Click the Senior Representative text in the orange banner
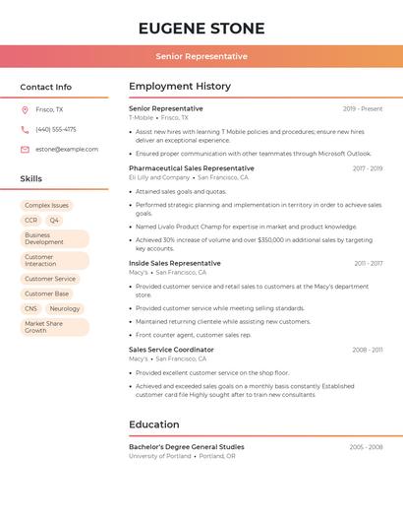[x=201, y=56]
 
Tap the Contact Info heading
[x=46, y=87]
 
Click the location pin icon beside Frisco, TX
[x=25, y=110]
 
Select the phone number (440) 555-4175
[x=56, y=129]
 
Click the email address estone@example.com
[x=67, y=149]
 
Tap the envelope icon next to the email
[x=25, y=149]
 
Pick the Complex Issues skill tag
[x=47, y=206]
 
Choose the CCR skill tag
[x=31, y=221]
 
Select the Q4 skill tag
[x=54, y=221]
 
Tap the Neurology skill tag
[x=65, y=308]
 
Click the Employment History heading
[x=180, y=87]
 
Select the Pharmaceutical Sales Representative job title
[x=192, y=168]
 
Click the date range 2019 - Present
[x=363, y=108]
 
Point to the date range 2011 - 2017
[x=369, y=263]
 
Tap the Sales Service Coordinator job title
[x=171, y=350]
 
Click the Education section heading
[x=154, y=424]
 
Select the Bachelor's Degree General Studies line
[x=187, y=447]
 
